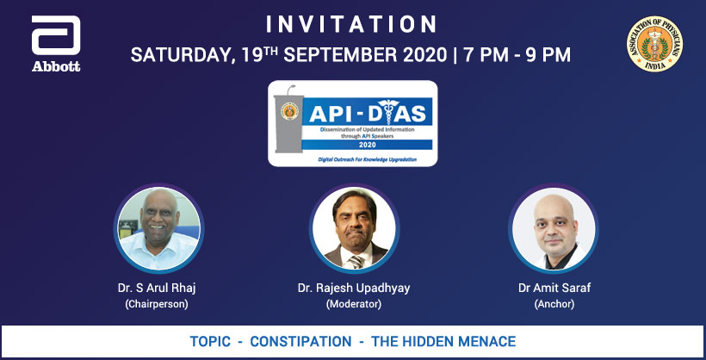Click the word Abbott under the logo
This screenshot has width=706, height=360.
(56, 66)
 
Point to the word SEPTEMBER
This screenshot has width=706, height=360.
(326, 55)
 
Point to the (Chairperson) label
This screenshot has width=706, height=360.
(156, 304)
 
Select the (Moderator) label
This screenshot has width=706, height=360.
(352, 304)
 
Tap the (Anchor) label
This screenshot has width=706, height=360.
(548, 304)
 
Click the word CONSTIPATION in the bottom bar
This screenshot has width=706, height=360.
(300, 342)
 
